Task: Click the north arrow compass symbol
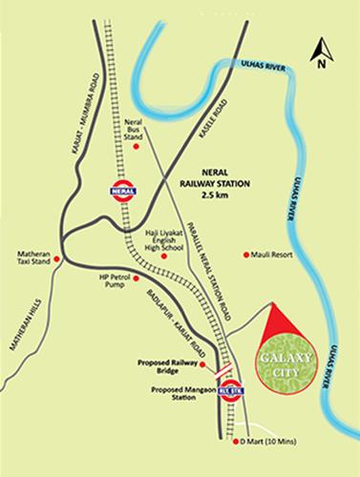[323, 52]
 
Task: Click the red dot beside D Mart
[234, 443]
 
